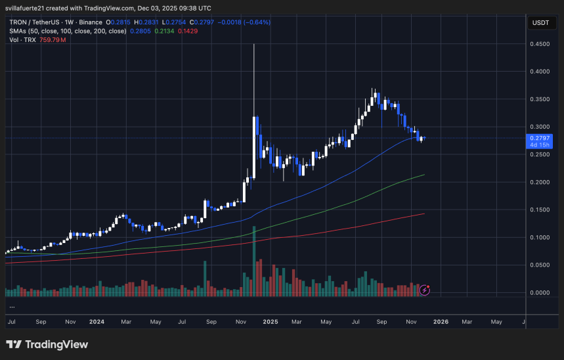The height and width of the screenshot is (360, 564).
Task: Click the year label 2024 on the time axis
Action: tap(97, 323)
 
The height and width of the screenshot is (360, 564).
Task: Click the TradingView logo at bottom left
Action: tap(47, 344)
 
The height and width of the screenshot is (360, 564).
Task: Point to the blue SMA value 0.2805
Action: tap(140, 31)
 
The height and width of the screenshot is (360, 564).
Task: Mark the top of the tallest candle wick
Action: tap(253, 44)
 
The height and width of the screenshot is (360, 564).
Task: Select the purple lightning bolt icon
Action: tap(425, 289)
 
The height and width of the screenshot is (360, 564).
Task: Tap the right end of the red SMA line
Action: tap(424, 214)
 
